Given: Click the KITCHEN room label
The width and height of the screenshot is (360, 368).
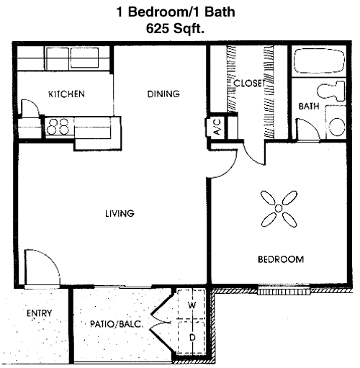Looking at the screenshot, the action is (66, 94).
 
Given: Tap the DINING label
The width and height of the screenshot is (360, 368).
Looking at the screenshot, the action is (163, 94).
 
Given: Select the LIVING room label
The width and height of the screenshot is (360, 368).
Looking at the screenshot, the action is (120, 213).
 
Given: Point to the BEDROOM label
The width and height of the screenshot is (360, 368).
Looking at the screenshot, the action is (281, 259).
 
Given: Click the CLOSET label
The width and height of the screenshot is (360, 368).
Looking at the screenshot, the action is (249, 83).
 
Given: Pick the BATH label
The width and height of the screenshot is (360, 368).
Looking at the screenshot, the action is (309, 106).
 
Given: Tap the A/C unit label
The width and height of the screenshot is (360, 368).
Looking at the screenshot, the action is (217, 127).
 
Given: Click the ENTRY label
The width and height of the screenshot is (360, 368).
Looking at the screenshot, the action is (39, 313).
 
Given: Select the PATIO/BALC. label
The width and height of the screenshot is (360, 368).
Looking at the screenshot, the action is (117, 324).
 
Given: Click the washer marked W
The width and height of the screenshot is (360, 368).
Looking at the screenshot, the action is (192, 305).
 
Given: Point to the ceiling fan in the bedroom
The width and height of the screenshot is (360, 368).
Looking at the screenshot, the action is (279, 208).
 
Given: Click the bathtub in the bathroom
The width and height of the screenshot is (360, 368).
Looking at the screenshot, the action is (320, 61).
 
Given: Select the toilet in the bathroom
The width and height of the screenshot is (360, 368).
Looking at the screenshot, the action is (331, 91).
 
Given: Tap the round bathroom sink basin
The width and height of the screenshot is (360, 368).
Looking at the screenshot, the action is (337, 127).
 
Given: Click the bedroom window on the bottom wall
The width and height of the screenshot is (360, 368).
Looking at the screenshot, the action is (284, 291).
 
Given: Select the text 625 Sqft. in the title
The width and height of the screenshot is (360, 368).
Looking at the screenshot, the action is (175, 29).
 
